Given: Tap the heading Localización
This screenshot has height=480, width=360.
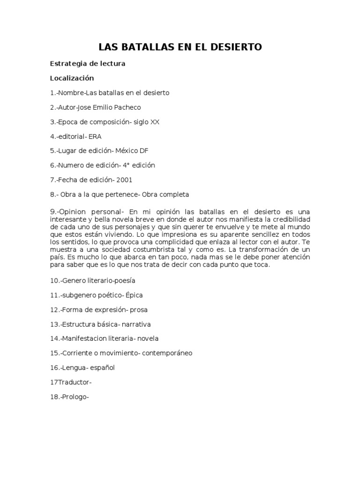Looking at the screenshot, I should (72, 78).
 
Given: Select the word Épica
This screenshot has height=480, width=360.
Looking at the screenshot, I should (134, 295).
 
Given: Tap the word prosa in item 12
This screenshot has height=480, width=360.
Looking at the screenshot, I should (139, 309).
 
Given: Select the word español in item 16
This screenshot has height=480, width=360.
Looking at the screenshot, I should (103, 367).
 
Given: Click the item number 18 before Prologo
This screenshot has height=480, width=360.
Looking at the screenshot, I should (54, 397).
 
